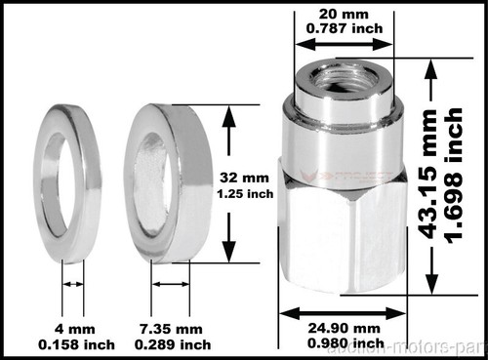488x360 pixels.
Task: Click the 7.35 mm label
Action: [x=176, y=329]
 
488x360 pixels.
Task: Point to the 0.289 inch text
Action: [x=176, y=344]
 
